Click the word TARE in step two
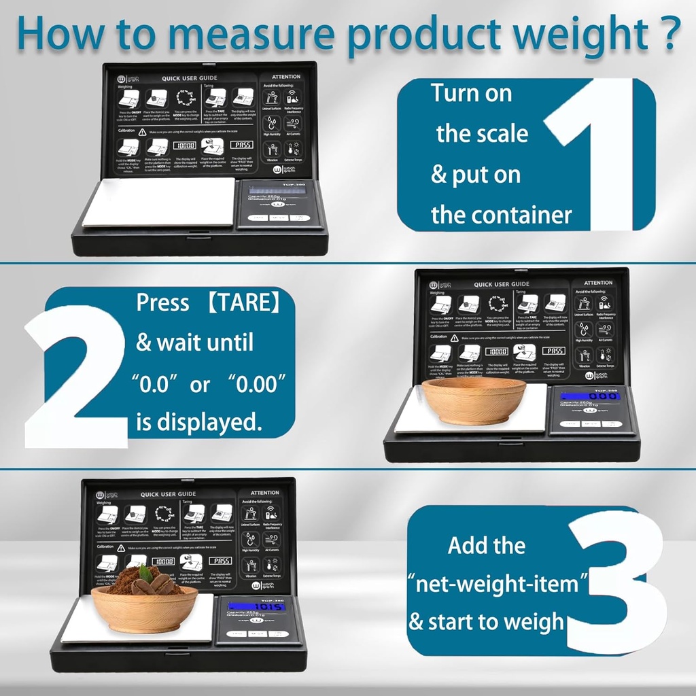[x=243, y=303]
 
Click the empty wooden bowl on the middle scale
[x=474, y=401]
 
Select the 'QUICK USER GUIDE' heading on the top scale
[x=190, y=79]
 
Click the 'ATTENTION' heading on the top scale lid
[x=285, y=77]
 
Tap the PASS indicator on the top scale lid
[x=241, y=145]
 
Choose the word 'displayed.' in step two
[x=199, y=422]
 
